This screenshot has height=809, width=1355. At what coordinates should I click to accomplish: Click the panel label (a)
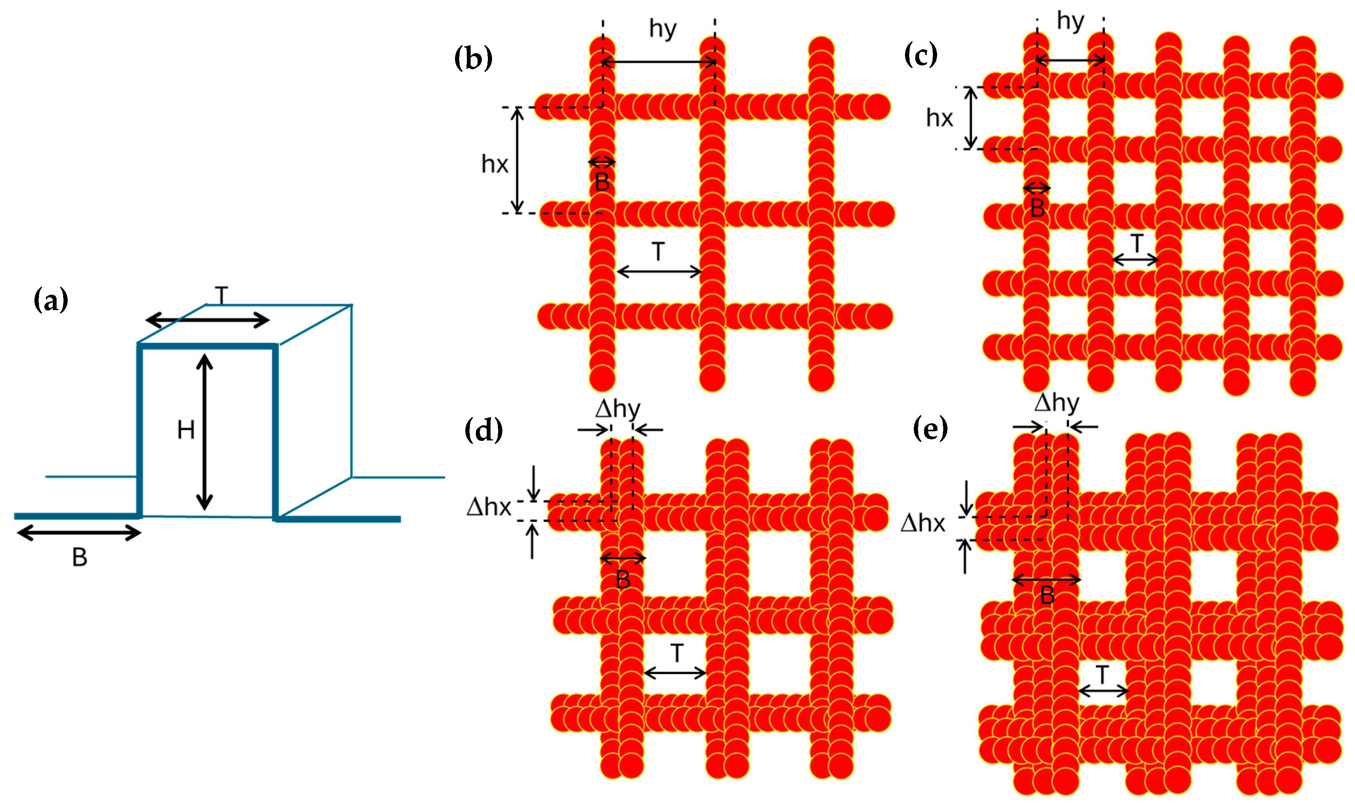point(51,301)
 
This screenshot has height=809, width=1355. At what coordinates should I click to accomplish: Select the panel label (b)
point(473,58)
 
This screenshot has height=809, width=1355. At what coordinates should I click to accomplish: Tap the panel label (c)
point(921,55)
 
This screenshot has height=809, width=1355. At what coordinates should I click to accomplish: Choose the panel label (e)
point(930,429)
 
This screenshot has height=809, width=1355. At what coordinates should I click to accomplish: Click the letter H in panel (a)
point(186,430)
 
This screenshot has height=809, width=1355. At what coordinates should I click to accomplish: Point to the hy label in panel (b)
point(663,28)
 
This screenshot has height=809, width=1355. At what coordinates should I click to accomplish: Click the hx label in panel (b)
point(494,164)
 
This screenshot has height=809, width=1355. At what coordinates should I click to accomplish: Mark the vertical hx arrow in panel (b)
point(517,160)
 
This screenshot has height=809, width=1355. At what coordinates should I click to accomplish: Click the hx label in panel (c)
point(939,118)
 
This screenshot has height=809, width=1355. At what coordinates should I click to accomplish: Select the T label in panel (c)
point(1136,243)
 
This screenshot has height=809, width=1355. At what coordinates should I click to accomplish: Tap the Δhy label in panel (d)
point(617,409)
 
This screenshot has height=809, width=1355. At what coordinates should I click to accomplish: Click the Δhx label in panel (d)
point(489,507)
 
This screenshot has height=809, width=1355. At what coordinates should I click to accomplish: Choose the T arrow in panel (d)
point(675,673)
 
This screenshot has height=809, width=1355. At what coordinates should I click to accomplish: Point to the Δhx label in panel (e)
point(923,524)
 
